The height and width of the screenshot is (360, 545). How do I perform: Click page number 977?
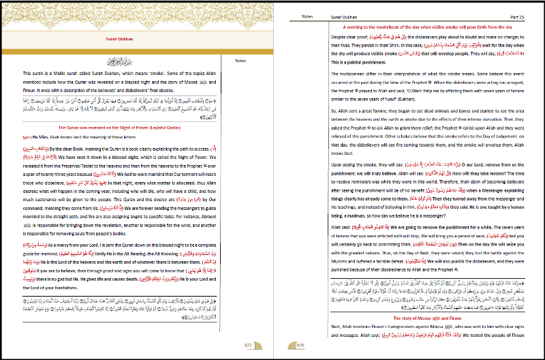tap(248, 346)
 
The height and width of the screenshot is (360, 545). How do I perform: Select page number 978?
tap(300, 346)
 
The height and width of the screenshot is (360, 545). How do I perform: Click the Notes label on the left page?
tap(240, 61)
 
